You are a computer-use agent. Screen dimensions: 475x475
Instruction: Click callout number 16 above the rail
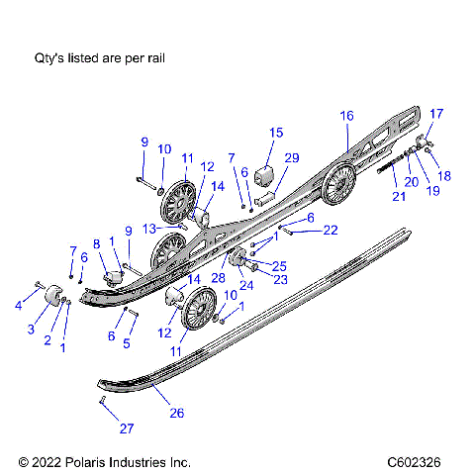(x=346, y=116)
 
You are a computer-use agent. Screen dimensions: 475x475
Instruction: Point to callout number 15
(x=276, y=133)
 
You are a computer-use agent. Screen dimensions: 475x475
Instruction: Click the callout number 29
(x=291, y=158)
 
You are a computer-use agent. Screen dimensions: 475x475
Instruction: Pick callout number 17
(x=436, y=113)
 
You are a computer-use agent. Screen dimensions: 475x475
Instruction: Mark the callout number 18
(x=443, y=174)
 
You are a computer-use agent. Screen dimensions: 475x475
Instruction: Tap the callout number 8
(x=96, y=243)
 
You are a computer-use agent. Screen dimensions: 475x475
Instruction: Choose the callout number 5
(x=126, y=342)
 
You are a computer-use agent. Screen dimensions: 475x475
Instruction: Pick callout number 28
(x=219, y=279)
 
